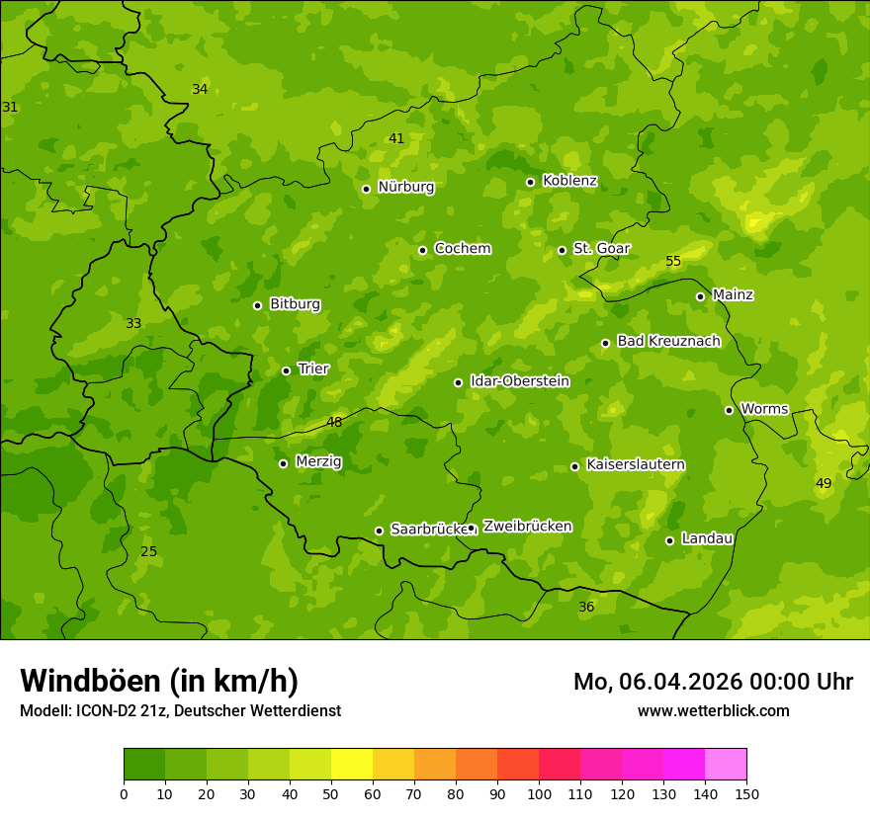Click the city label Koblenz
click(569, 181)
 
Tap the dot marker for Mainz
click(700, 296)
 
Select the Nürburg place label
click(405, 187)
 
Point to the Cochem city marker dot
click(422, 250)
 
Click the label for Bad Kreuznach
click(668, 341)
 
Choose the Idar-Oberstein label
click(519, 380)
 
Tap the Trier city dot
click(286, 370)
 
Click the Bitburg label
click(295, 304)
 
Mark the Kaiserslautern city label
click(636, 464)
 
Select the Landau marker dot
click(669, 540)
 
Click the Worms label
click(764, 408)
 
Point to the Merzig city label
click(318, 461)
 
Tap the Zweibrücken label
click(527, 527)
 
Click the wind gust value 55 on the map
click(673, 262)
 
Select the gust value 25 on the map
click(148, 551)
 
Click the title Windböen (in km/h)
click(159, 681)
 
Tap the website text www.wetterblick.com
click(713, 710)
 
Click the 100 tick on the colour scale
click(539, 793)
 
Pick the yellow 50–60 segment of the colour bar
click(352, 765)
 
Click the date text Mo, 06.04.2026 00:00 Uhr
click(713, 682)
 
